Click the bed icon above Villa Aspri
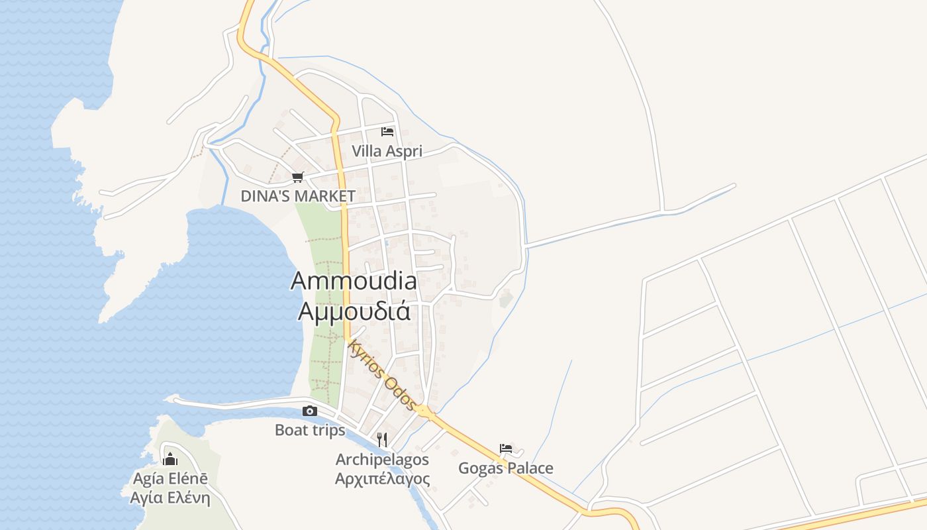(x=387, y=131)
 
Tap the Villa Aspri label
(x=387, y=151)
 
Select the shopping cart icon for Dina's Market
(x=298, y=177)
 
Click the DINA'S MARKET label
(x=298, y=196)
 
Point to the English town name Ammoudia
(x=354, y=281)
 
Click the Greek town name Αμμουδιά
(x=354, y=311)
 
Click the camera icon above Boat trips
(x=309, y=411)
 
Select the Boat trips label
(x=310, y=430)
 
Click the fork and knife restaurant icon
(x=382, y=439)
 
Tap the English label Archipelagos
(x=382, y=459)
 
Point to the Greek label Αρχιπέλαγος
(x=382, y=478)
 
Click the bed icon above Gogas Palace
(x=506, y=449)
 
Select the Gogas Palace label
(x=506, y=468)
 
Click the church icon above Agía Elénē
(x=170, y=458)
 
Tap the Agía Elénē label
(x=170, y=478)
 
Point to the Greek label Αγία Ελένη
(x=170, y=498)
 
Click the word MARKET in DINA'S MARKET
(x=324, y=196)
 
